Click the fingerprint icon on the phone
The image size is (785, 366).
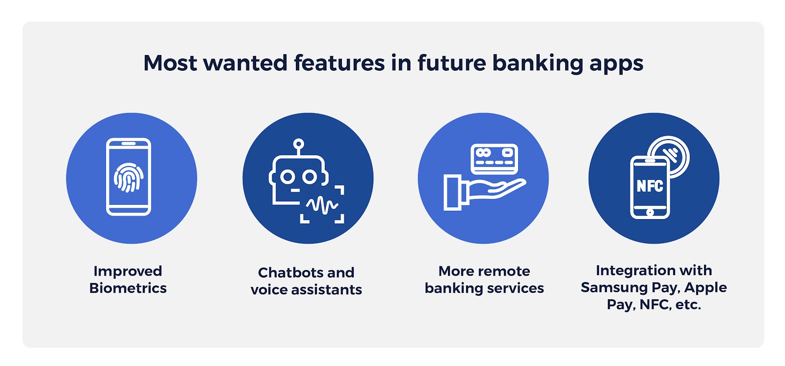128,177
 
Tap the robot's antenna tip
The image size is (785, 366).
298,143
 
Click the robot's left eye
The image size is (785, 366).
288,177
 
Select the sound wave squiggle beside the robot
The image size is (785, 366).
322,205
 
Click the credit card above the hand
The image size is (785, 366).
494,159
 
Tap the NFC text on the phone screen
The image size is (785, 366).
650,186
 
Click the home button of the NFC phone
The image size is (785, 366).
650,212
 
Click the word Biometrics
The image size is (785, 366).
128,288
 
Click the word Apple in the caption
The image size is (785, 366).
706,288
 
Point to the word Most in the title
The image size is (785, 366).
170,63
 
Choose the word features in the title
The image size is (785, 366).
339,63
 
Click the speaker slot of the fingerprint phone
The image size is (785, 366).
129,143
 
